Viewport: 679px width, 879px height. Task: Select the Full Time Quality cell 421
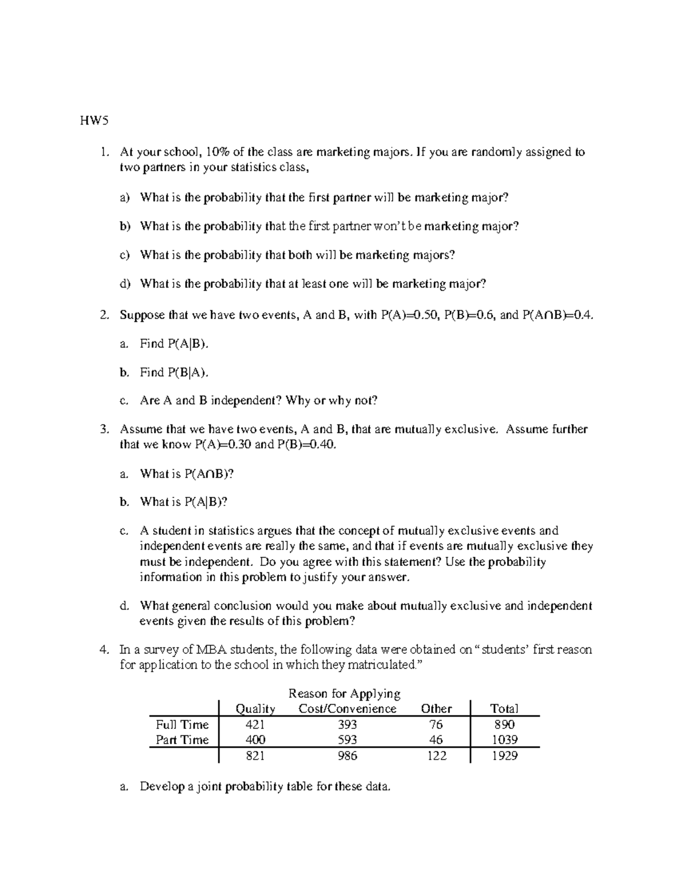[x=255, y=724]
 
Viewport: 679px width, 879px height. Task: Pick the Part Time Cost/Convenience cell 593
[x=347, y=740]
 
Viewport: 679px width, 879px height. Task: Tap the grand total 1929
[x=504, y=756]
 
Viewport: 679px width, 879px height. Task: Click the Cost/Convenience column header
[x=347, y=709]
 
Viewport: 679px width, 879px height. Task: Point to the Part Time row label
[x=182, y=740]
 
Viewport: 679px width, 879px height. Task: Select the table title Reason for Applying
[x=344, y=693]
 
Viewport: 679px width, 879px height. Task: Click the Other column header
[x=436, y=709]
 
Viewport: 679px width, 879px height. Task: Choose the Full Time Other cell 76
[x=436, y=724]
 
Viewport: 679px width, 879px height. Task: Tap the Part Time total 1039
[x=504, y=740]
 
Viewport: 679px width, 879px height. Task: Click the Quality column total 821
[x=255, y=756]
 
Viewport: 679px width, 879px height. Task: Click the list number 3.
[x=104, y=429]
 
